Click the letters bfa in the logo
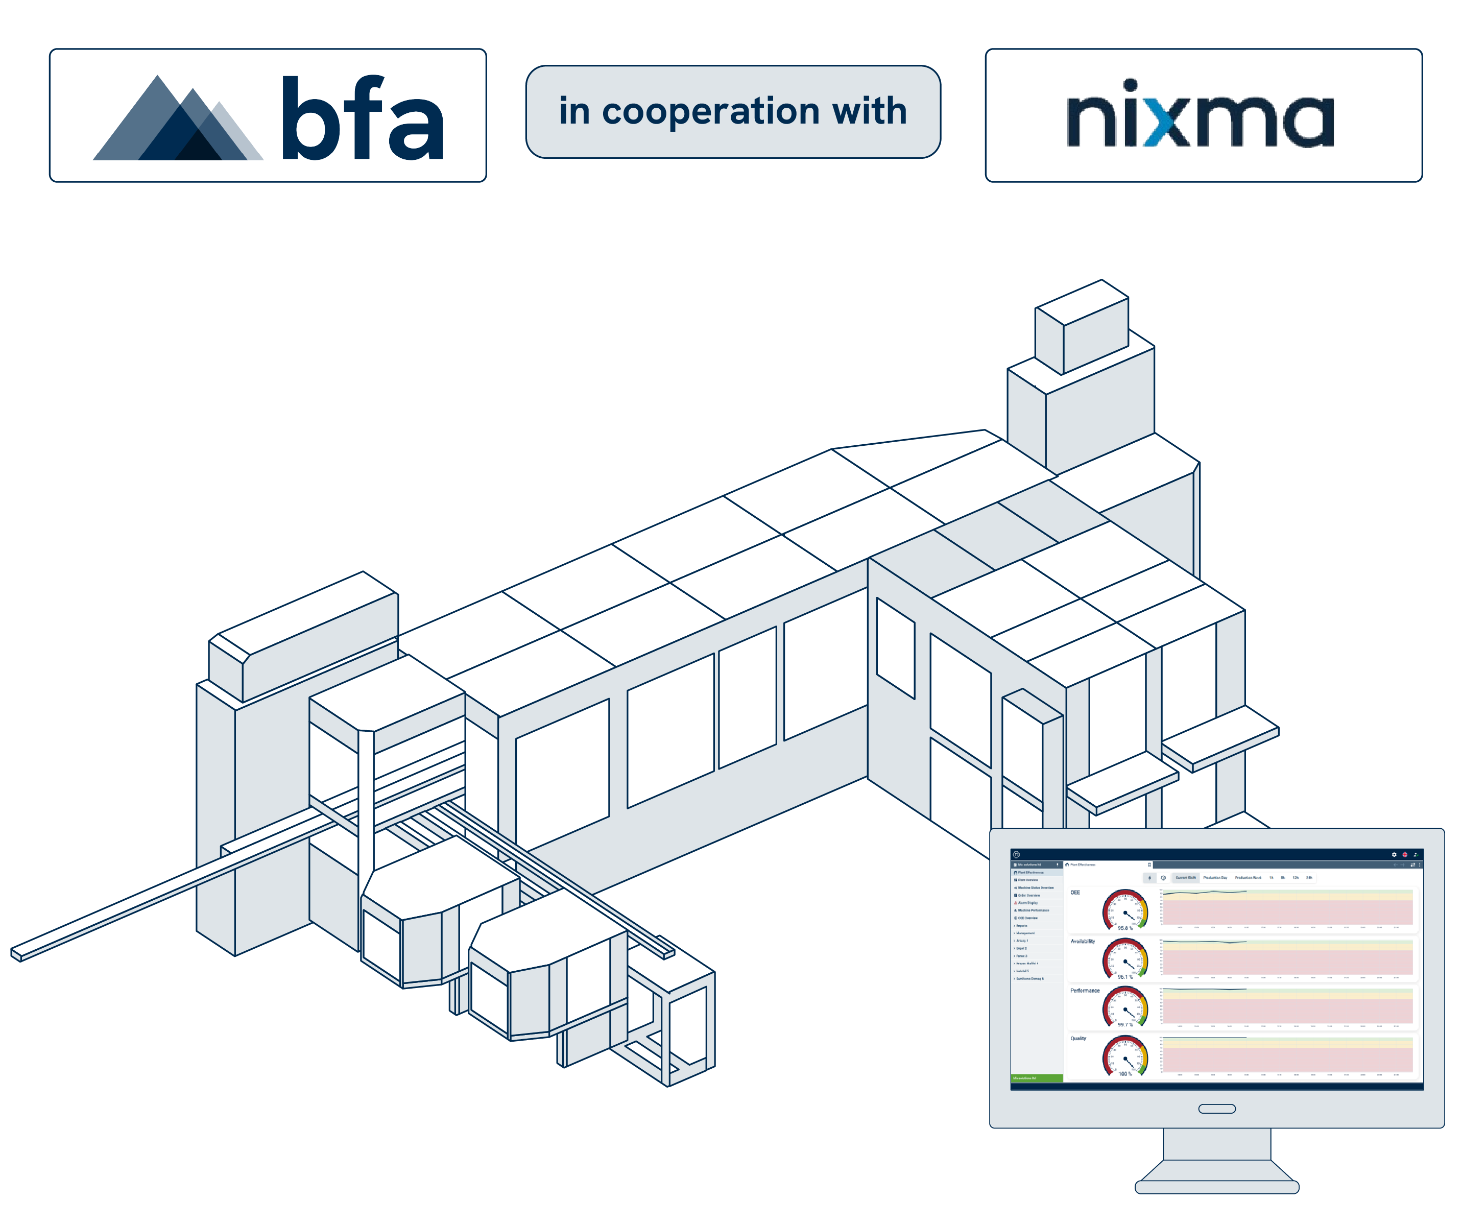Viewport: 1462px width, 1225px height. (x=362, y=118)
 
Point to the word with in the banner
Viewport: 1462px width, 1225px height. (x=870, y=111)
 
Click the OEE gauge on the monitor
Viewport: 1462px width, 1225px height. (x=1124, y=909)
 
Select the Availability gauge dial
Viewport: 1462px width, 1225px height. (x=1124, y=958)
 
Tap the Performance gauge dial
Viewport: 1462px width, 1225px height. (x=1124, y=1006)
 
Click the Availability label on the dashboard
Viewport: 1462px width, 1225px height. (x=1083, y=941)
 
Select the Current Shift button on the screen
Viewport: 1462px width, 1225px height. (x=1186, y=878)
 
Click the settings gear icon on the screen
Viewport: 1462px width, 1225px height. (x=1394, y=854)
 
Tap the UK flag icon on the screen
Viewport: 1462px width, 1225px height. (x=1405, y=854)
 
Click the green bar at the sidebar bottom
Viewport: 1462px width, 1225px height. (x=1037, y=1078)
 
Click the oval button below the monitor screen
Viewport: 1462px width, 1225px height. (x=1217, y=1109)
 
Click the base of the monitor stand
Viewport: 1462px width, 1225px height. (x=1217, y=1187)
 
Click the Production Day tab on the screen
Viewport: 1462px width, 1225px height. (x=1215, y=878)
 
